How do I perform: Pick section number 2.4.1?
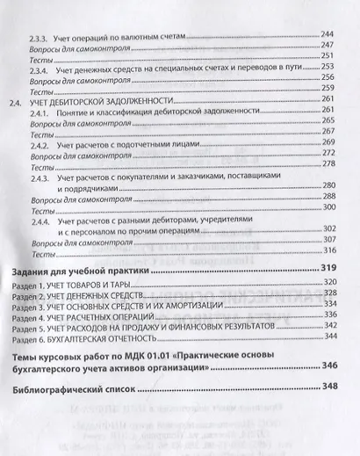[x=41, y=113]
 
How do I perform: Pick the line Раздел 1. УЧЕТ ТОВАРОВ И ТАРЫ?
[x=68, y=285]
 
